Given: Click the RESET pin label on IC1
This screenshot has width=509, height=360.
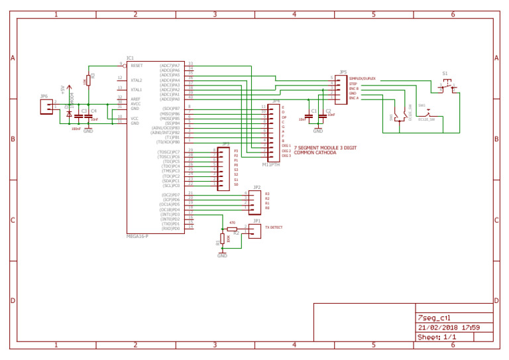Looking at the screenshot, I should coord(137,66).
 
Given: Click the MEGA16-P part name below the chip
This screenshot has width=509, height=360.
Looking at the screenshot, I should coord(138,236).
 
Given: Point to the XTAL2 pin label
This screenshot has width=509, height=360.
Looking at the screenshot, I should coord(137,80).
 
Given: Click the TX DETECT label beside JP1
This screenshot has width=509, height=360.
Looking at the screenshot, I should coord(274,227).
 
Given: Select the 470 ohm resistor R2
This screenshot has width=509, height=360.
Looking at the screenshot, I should coord(232,229).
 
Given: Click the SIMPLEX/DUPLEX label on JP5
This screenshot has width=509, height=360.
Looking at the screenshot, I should coord(363,78).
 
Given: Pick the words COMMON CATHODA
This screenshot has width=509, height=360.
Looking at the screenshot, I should coord(314,152).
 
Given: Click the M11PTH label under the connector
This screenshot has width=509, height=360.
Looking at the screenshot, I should coord(271,164).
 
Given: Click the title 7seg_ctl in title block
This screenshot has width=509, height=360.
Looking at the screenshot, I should coord(435,318).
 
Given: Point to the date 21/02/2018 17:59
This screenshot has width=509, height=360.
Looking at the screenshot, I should coord(449,327).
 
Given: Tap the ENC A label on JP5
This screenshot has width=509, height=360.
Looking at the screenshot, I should coord(354,98).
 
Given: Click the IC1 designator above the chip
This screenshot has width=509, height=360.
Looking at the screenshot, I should coord(130,58).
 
